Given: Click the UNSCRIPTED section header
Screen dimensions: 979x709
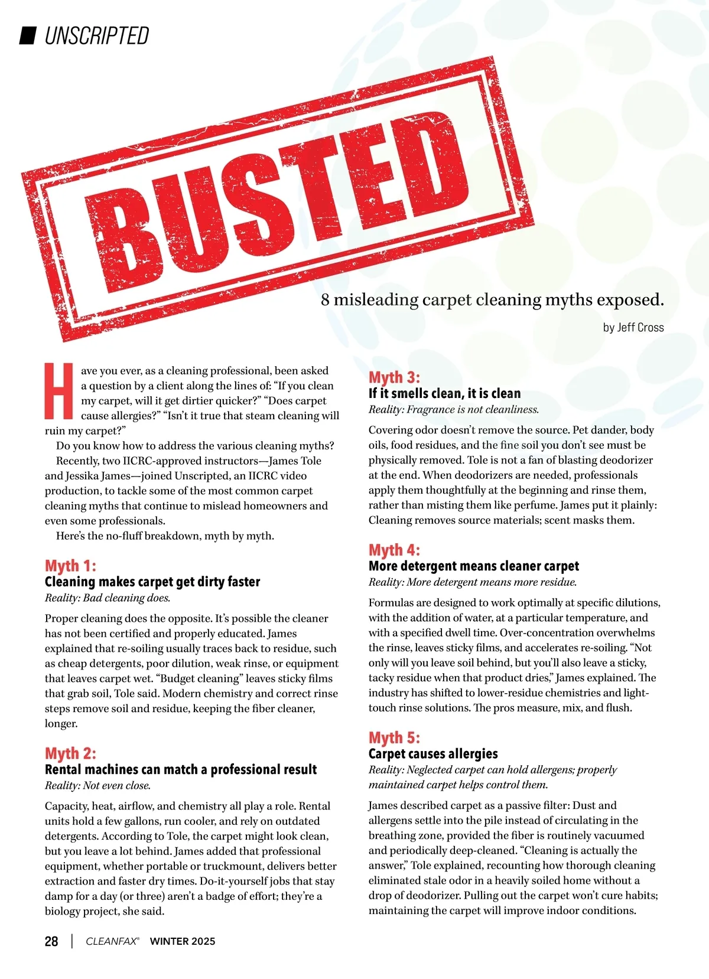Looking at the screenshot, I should coord(97,36).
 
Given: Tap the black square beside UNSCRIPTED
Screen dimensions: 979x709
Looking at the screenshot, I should coord(28,35).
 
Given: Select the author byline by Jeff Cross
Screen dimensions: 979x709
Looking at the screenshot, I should coord(633,328).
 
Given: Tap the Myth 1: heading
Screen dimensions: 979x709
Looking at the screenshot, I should coord(70,566).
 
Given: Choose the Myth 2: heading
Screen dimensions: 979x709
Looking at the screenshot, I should coord(70,753).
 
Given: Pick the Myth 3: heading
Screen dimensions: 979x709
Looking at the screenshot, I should coord(394,377).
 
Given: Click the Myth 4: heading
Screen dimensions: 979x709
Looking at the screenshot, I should coord(394,550).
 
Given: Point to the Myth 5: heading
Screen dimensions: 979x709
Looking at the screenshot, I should coord(394,738).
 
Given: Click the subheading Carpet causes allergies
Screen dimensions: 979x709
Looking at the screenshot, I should coord(433,754).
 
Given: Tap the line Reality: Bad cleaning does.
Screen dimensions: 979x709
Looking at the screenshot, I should coord(108,598).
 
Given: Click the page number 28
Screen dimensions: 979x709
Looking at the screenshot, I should coord(51,941).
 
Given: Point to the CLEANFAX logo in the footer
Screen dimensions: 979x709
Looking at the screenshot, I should coord(112,941).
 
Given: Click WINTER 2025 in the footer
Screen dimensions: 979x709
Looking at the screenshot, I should coord(183,941).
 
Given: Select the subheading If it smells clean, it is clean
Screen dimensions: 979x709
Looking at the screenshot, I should coord(444,394).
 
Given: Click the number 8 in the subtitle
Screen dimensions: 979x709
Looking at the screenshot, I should coord(326,300).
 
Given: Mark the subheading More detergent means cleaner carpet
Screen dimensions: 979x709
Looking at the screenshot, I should coord(473,566).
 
